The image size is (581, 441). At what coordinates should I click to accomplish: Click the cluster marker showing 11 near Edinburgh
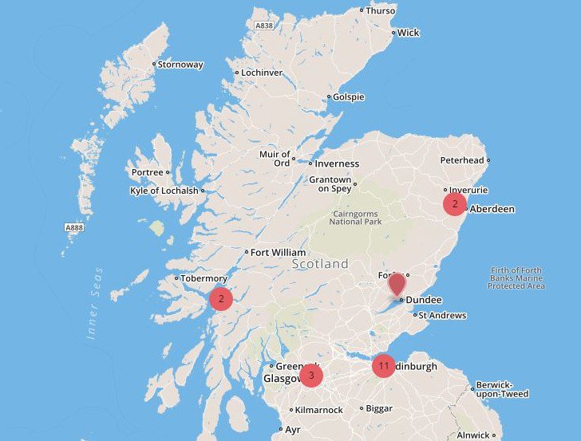point(384,366)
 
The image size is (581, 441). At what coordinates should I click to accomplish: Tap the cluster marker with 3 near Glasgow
point(310,375)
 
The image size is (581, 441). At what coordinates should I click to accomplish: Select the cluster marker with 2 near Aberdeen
point(455,204)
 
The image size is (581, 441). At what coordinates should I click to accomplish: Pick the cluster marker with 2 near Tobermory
point(220,299)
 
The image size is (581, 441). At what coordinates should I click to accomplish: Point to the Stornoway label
point(180,65)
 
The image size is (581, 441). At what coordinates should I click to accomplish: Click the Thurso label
point(380,10)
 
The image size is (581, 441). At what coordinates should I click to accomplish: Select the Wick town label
point(408,33)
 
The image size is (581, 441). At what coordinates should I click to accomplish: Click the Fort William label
point(278,252)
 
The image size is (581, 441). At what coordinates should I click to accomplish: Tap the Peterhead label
point(462,160)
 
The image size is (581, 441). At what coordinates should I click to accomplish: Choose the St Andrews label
point(442,316)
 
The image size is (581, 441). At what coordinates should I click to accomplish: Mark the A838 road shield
point(265,26)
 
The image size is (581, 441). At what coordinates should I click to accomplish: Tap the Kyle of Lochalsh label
point(164,191)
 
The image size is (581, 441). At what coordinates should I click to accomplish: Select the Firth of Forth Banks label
point(516,278)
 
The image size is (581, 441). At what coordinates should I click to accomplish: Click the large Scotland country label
point(320,263)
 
